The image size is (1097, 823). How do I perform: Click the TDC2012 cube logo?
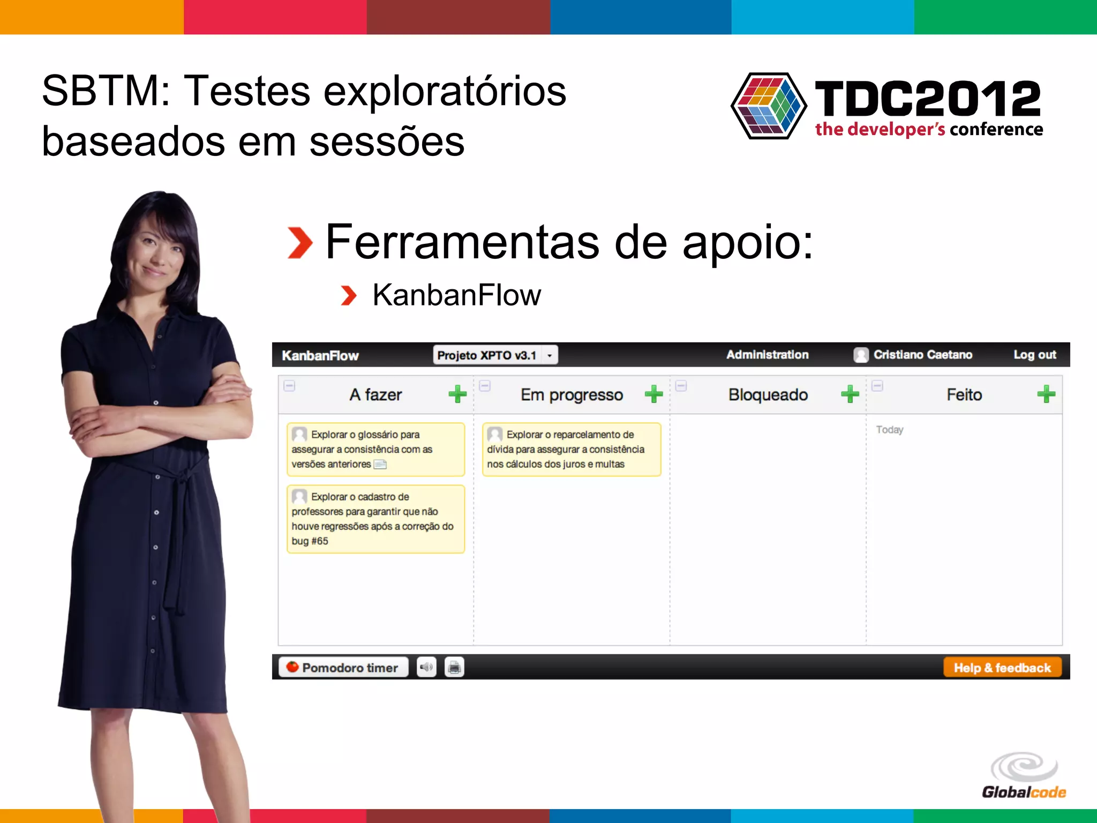tap(769, 106)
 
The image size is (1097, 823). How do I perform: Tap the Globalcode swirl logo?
tap(1024, 767)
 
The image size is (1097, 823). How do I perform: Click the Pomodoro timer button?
tap(343, 668)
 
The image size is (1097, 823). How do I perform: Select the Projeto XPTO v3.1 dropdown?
tap(495, 355)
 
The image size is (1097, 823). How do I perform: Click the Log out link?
tap(1034, 355)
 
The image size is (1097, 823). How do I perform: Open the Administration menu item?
tap(767, 355)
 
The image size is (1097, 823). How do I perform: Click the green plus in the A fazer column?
tap(457, 394)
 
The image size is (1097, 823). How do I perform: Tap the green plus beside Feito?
tap(1046, 394)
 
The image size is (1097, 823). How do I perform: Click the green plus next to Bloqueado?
tap(850, 394)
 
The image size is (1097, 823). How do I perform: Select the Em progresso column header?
tap(572, 395)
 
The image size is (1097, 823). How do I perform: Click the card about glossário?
tap(375, 449)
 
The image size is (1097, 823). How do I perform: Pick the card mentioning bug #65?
tap(375, 519)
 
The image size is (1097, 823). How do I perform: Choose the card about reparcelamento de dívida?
tap(571, 449)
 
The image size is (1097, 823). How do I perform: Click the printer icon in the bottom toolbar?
tap(454, 668)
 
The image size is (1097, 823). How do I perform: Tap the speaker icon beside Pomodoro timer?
tap(426, 668)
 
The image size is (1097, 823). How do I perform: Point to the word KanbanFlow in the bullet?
tap(456, 295)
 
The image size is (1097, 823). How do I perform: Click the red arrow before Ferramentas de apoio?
tap(299, 243)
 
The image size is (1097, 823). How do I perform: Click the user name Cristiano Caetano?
tap(922, 355)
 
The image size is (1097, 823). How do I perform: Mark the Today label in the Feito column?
tap(889, 430)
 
